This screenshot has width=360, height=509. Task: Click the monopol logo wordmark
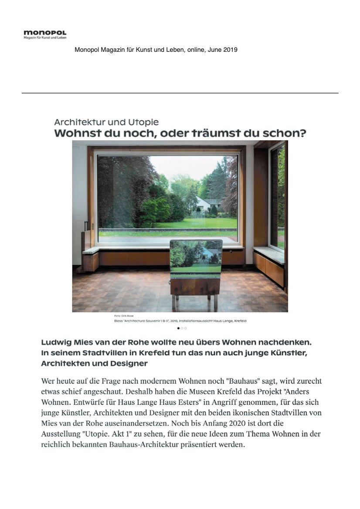(45, 33)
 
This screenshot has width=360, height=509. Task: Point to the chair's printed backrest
(196, 257)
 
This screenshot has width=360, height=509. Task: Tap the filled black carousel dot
(178, 328)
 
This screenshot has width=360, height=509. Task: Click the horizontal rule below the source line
(180, 93)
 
